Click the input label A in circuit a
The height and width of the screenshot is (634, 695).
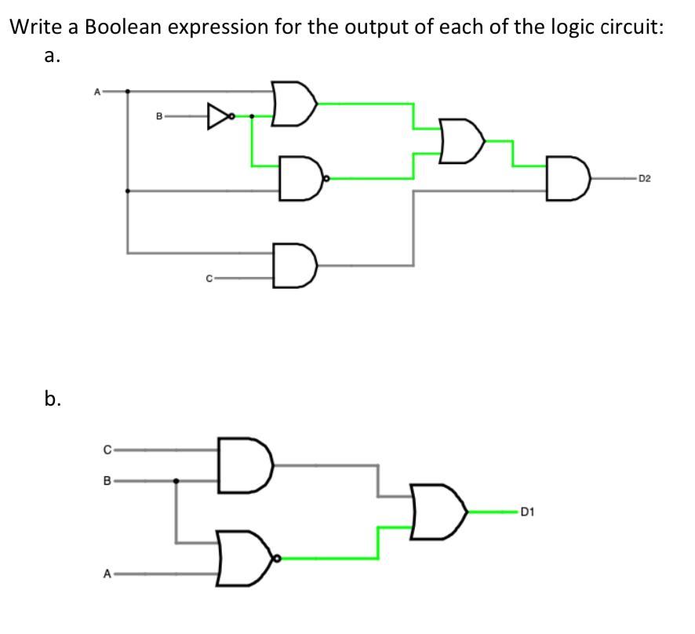[97, 91]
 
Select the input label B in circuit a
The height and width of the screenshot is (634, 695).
[159, 118]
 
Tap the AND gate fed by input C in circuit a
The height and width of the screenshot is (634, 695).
[295, 266]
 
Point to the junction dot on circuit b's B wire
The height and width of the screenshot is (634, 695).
[175, 481]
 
